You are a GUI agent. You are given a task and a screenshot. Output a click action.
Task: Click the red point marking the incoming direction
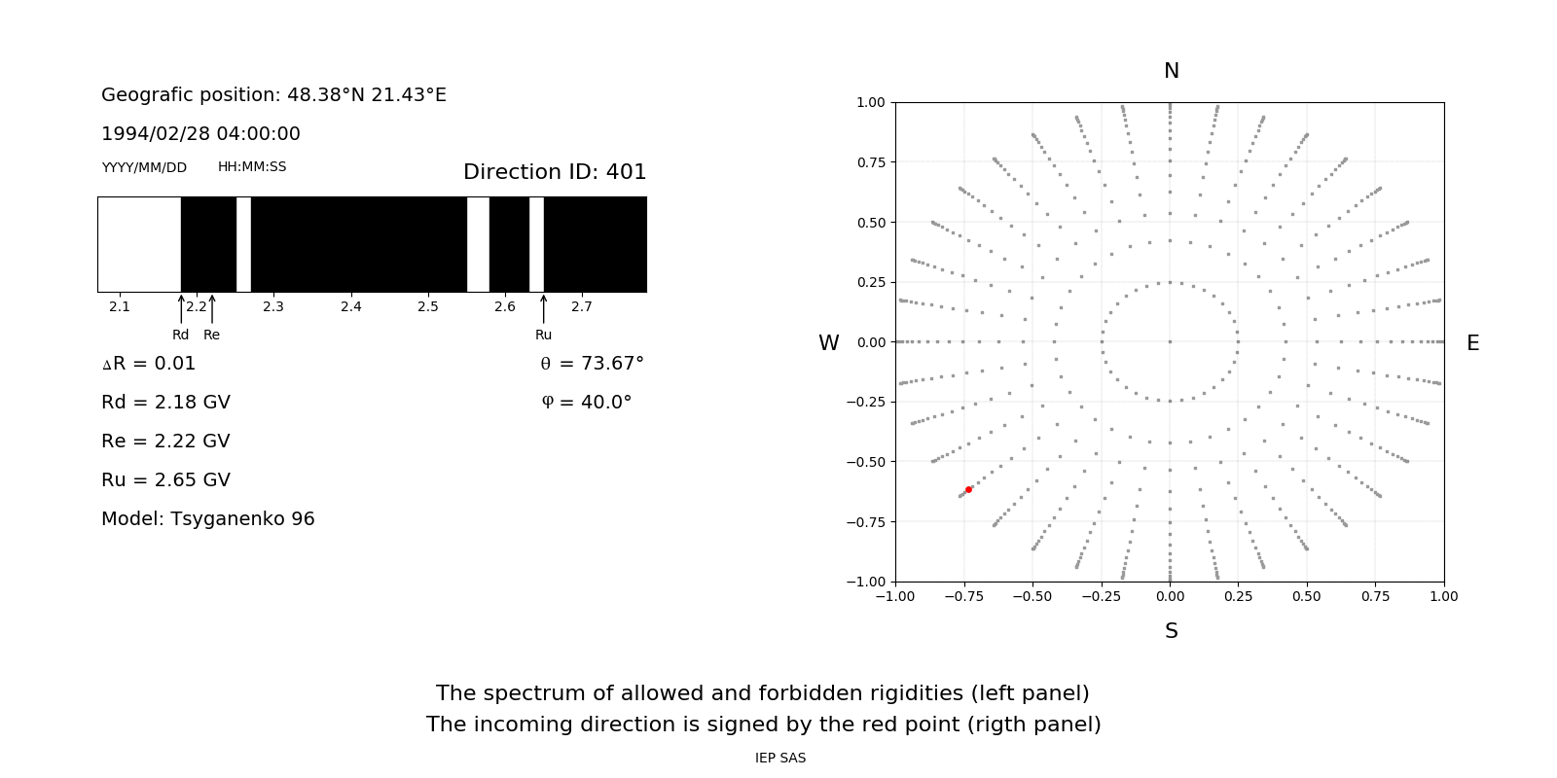(968, 489)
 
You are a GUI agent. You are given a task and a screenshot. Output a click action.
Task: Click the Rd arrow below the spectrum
(181, 309)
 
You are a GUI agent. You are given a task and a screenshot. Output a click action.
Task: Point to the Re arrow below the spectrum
(212, 309)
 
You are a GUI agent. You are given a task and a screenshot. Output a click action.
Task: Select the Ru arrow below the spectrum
(543, 309)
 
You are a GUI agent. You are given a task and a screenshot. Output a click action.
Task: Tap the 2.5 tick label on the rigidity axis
(428, 307)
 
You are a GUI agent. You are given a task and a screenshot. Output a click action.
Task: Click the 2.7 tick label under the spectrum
(582, 307)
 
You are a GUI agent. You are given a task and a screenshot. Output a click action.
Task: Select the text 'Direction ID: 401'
(555, 172)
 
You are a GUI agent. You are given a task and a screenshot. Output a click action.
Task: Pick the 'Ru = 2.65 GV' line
(165, 480)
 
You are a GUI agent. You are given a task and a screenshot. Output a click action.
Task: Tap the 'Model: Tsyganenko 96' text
(208, 519)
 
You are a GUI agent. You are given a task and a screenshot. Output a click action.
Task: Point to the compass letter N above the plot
(1171, 71)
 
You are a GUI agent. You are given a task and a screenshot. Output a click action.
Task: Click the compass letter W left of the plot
(828, 343)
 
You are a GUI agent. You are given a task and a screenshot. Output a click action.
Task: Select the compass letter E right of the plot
(1472, 343)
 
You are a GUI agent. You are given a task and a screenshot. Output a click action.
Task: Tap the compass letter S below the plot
(1171, 631)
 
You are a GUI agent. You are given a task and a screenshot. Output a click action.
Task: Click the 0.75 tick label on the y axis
(870, 162)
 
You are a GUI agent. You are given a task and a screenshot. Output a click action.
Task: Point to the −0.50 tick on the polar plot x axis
(1032, 596)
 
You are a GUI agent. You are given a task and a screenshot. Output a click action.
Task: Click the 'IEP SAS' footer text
(779, 758)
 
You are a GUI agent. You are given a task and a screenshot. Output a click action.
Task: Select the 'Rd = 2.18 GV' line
(165, 403)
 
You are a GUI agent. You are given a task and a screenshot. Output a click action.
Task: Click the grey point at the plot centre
(1170, 341)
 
